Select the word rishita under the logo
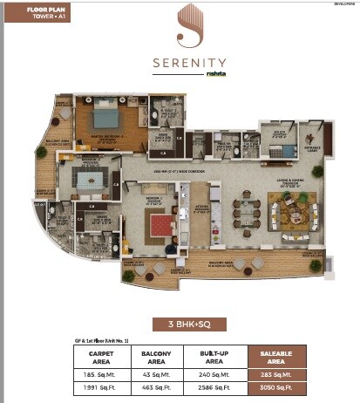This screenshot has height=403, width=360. (214, 75)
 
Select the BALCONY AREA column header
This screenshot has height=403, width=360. (159, 356)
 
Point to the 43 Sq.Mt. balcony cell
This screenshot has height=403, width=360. (159, 372)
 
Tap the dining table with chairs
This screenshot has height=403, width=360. (248, 212)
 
